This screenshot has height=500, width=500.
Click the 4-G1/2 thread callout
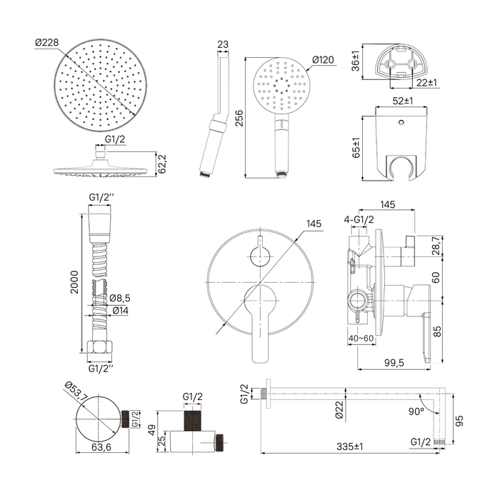(x=357, y=219)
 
